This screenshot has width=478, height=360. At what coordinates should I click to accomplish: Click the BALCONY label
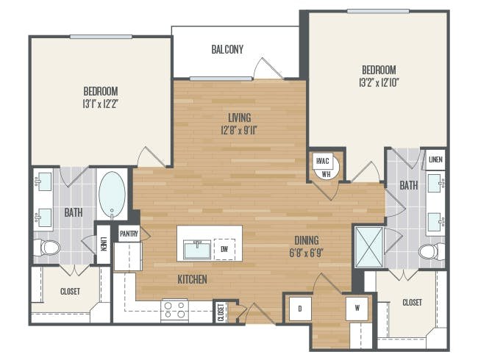coord(227,49)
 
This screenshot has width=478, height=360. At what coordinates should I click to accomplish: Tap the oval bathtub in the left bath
coord(112,194)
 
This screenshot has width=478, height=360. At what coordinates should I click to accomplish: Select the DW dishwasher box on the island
coord(224,250)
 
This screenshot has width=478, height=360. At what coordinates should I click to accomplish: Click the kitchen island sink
coord(197,250)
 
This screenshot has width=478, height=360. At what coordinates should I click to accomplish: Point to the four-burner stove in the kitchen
coord(174,309)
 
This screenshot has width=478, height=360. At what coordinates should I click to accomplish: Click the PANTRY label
coord(129,234)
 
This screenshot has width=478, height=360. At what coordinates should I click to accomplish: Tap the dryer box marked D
coord(300,309)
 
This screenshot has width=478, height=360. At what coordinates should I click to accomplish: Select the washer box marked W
coord(357,309)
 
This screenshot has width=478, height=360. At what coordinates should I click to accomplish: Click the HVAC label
coord(323,161)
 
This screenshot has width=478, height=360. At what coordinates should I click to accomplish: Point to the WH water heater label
coord(327,175)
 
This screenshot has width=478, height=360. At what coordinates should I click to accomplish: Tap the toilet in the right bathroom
coord(432,251)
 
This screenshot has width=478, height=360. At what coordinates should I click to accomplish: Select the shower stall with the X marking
coord(369,247)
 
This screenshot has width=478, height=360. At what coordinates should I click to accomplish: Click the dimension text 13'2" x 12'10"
coord(379,83)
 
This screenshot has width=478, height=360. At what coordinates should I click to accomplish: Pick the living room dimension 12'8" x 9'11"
coord(239,131)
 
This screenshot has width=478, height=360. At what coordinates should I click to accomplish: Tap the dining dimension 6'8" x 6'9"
coord(307,253)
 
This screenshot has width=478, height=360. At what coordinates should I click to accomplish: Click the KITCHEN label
coord(193,279)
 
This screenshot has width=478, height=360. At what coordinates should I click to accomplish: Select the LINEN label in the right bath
coord(435,159)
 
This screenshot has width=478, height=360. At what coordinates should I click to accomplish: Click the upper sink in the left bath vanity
coord(43,181)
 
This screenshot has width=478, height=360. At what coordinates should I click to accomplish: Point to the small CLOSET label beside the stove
coord(221,312)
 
